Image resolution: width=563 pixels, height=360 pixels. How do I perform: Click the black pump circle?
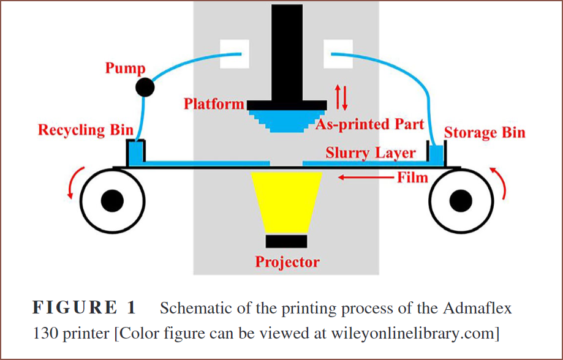tap(145, 87)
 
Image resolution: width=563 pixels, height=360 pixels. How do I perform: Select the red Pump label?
tap(126, 68)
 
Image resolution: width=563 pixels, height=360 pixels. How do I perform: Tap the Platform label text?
tap(214, 103)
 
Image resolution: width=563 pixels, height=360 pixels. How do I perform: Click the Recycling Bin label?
tap(86, 130)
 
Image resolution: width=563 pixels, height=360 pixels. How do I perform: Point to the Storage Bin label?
tap(485, 133)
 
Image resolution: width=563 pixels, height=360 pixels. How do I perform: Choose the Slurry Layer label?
tap(371, 153)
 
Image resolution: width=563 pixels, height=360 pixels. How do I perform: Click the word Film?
tap(412, 178)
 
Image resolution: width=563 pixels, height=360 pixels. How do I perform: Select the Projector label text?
tap(287, 261)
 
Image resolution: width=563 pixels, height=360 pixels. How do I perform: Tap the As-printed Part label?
tap(370, 124)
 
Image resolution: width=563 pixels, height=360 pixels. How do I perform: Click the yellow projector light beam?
tap(286, 203)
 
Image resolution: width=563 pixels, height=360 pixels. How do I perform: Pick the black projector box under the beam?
tap(286, 241)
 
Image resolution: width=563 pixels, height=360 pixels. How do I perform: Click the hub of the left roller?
tap(112, 201)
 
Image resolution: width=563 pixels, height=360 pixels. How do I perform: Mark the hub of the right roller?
tap(461, 201)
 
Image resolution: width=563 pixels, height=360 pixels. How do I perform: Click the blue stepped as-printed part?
tap(286, 121)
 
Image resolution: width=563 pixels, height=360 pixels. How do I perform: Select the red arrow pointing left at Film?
tap(366, 177)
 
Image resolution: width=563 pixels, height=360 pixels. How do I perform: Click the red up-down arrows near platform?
tap(341, 97)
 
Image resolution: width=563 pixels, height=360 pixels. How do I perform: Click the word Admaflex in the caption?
tap(478, 308)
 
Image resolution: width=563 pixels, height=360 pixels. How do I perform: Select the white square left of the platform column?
tap(235, 54)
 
